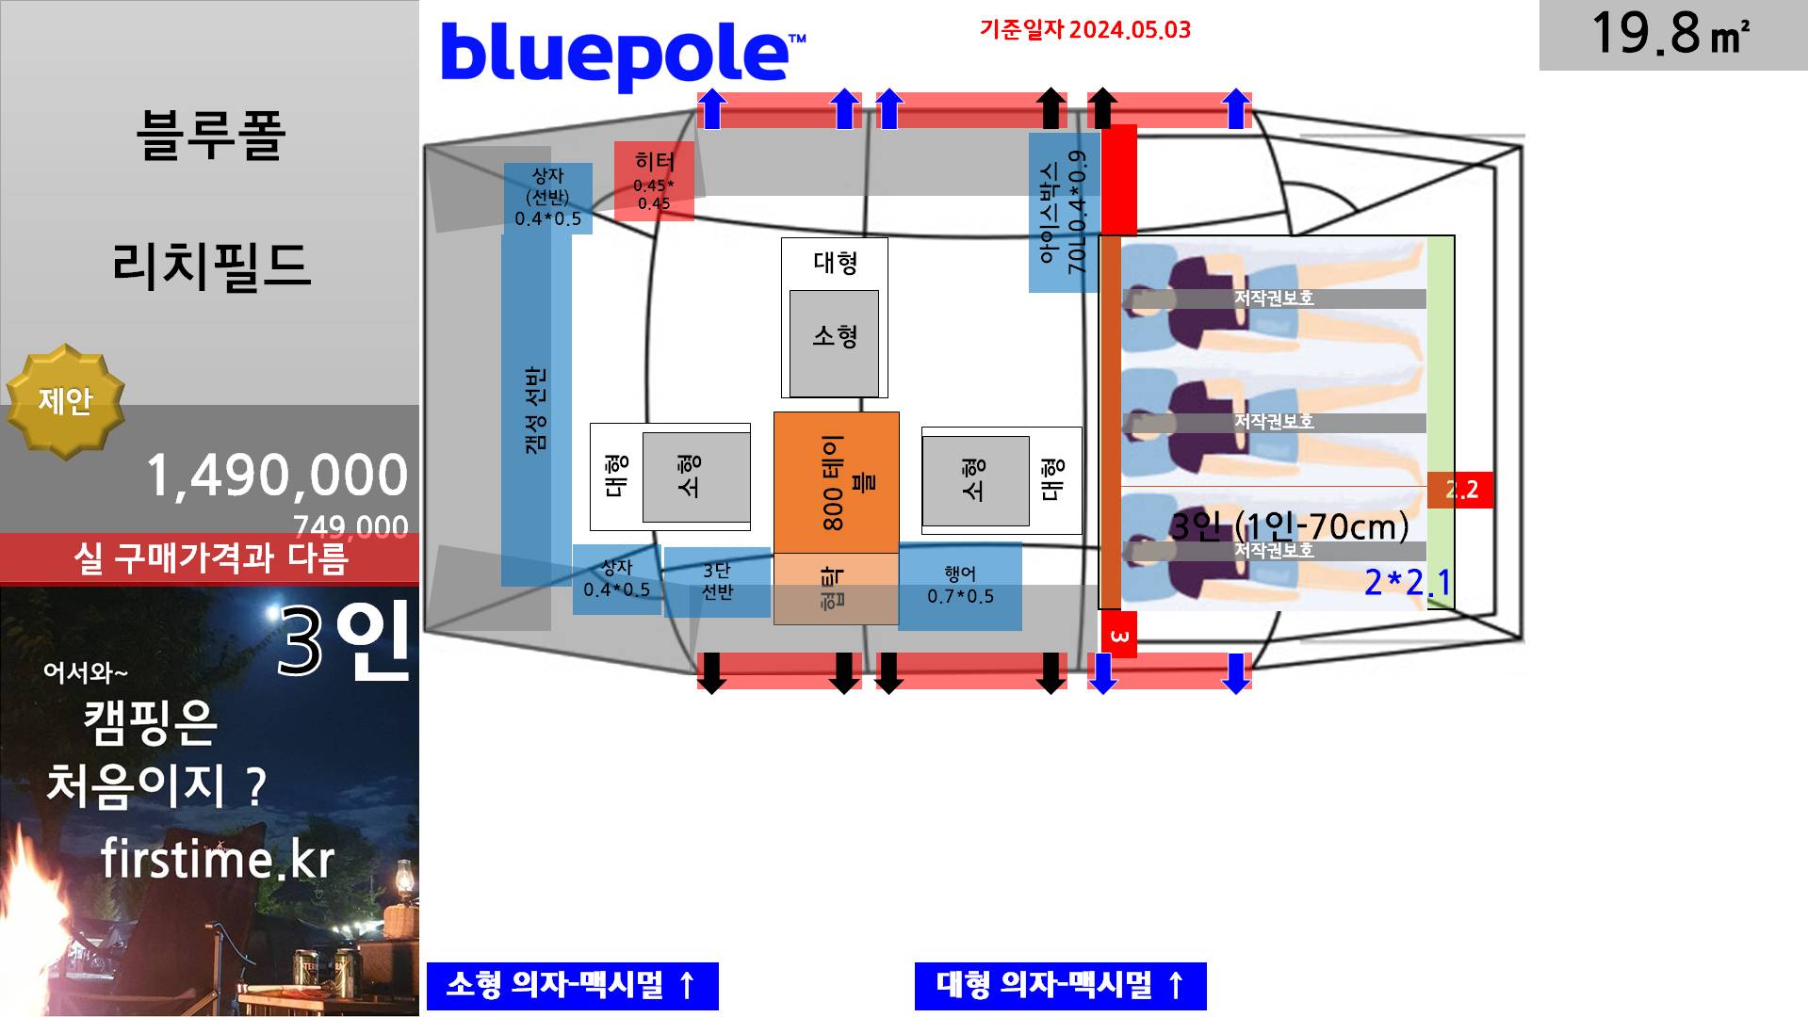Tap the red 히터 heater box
tap(654, 182)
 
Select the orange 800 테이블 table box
tap(836, 482)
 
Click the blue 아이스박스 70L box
tap(1064, 213)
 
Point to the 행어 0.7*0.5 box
tap(960, 586)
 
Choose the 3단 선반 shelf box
tap(717, 582)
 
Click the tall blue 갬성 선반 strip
tap(535, 410)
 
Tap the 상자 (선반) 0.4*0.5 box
tap(547, 198)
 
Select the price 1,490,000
tap(276, 476)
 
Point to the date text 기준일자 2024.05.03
tap(1085, 30)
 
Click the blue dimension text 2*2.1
tap(1407, 583)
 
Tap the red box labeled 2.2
tap(1461, 490)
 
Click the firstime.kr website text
tap(217, 859)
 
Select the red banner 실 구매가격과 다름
tap(210, 558)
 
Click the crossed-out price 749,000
tap(350, 525)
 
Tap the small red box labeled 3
tap(1119, 636)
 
